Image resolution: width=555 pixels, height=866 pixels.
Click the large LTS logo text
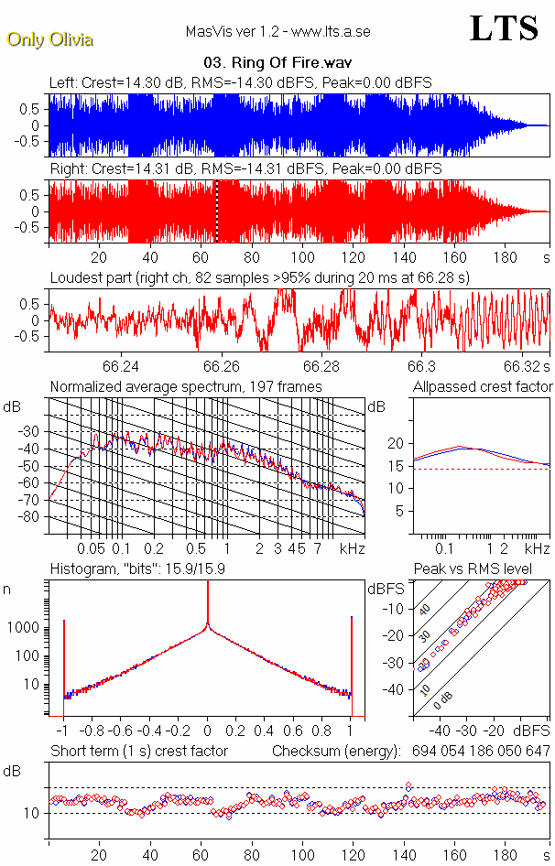pyautogui.click(x=503, y=29)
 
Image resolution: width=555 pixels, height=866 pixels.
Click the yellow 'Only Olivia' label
pyautogui.click(x=50, y=39)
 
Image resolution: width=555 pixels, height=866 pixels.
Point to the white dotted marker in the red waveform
pyautogui.click(x=216, y=211)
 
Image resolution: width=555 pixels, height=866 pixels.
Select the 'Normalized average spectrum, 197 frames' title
pyautogui.click(x=186, y=386)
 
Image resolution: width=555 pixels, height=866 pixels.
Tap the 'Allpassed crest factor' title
pyautogui.click(x=483, y=386)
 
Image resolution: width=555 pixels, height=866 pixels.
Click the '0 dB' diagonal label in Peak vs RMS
pyautogui.click(x=443, y=700)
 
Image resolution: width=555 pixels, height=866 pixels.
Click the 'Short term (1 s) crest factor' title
pyautogui.click(x=138, y=751)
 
